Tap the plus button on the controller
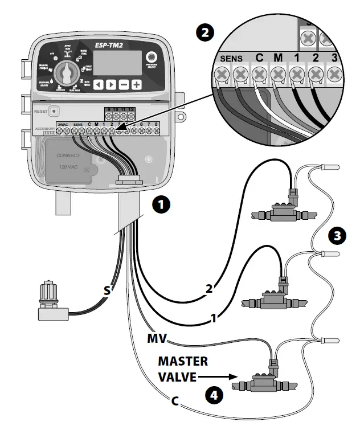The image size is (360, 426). pyautogui.click(x=137, y=85)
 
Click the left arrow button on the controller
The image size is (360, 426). pyautogui.click(x=99, y=85)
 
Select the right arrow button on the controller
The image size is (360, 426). pyautogui.click(x=112, y=85)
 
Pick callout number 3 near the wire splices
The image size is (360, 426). pyautogui.click(x=337, y=236)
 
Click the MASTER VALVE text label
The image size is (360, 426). pyautogui.click(x=183, y=369)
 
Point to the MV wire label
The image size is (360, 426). pyautogui.click(x=157, y=339)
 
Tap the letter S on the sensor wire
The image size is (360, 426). pyautogui.click(x=107, y=290)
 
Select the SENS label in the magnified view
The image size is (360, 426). pyautogui.click(x=231, y=59)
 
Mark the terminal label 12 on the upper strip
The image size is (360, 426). pyautogui.click(x=132, y=108)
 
